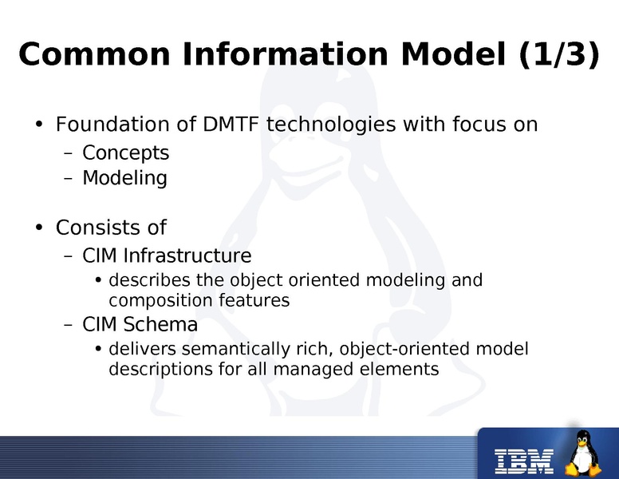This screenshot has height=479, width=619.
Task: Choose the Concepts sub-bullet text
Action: coord(125,152)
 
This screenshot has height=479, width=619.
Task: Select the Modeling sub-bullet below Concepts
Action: coord(124,177)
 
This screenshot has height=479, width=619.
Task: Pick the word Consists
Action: coord(90,228)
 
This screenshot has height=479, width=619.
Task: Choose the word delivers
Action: coord(138,350)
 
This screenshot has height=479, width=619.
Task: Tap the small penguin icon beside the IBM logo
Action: coord(585,453)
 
